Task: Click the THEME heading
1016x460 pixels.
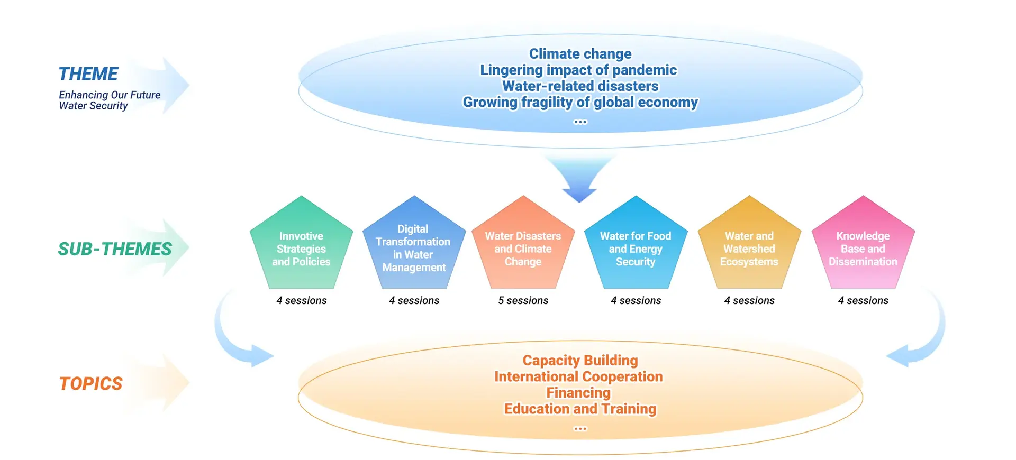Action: click(x=88, y=74)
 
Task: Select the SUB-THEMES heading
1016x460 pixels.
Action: click(x=115, y=249)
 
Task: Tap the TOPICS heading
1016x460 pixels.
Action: click(x=90, y=383)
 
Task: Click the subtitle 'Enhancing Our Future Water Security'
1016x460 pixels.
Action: click(x=109, y=100)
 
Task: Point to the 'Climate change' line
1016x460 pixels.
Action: click(x=580, y=54)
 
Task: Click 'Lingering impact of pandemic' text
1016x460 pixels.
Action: click(x=578, y=70)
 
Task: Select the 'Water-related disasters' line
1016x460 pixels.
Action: click(x=580, y=86)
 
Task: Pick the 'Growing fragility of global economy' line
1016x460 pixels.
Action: click(x=580, y=102)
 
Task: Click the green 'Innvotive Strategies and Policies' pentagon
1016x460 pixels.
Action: click(x=301, y=249)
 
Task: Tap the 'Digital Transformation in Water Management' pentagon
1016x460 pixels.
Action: click(x=414, y=248)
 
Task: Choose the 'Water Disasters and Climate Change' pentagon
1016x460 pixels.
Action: click(x=523, y=249)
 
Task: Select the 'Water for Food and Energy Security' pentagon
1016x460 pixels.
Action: click(x=636, y=249)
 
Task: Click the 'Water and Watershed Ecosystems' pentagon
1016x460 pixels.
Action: click(x=749, y=249)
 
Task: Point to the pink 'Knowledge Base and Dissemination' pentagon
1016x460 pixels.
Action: click(x=863, y=249)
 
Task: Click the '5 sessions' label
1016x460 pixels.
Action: click(x=523, y=300)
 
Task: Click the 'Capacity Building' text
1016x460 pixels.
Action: click(x=580, y=361)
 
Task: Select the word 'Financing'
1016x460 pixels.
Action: click(x=578, y=393)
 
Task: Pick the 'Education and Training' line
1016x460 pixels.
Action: click(x=580, y=409)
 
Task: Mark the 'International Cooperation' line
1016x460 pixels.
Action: click(x=578, y=376)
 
